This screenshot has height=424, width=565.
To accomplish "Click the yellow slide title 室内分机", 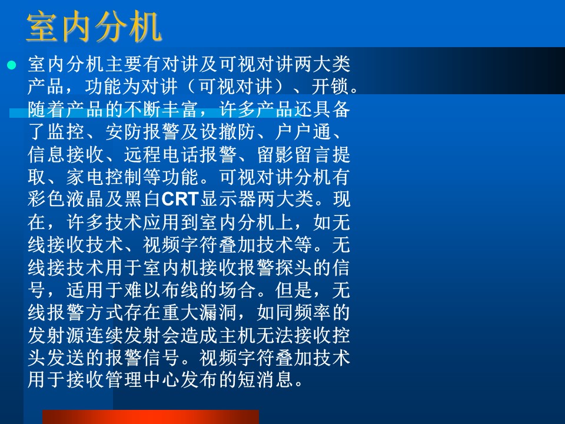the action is click(x=94, y=26).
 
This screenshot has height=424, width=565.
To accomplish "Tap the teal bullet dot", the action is click(x=12, y=65).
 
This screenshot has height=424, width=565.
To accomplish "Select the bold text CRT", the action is click(x=180, y=199).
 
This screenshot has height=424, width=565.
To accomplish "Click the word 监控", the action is click(x=65, y=131).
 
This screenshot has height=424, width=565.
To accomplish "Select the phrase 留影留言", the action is click(x=294, y=154).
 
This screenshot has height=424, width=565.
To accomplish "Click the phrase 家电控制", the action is click(x=104, y=177).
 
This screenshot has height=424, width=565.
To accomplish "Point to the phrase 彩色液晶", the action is click(x=65, y=199).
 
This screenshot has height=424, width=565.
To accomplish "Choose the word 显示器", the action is click(x=228, y=199).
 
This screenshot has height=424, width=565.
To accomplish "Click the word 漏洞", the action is click(x=218, y=312).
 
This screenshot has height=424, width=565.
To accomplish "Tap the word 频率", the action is click(x=313, y=312).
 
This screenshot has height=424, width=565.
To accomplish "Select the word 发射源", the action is click(x=56, y=335).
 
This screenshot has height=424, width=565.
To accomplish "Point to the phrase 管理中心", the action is click(x=142, y=380).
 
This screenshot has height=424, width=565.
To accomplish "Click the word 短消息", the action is click(x=266, y=380).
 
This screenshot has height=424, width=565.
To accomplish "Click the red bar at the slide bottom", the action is click(x=151, y=417).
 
